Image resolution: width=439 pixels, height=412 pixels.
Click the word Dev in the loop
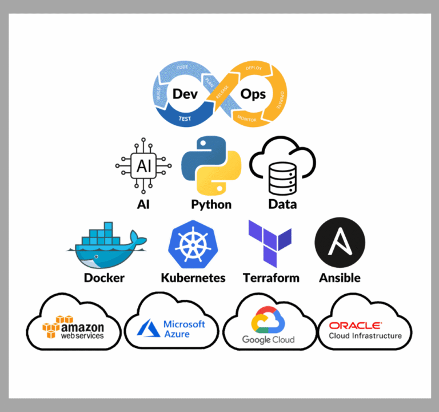pos(186,93)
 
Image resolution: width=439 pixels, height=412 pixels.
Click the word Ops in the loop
pos(253,93)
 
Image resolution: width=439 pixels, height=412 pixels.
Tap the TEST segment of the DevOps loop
pos(185,119)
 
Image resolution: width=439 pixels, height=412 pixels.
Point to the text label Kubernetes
pos(193,278)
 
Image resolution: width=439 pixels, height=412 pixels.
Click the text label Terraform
pos(271,278)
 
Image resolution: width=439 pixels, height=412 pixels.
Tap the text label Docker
pos(104,278)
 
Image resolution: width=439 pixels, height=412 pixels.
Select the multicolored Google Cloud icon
pos(268,320)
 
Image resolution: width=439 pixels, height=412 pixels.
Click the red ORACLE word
pos(355,325)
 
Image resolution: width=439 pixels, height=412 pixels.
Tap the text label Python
pos(211,204)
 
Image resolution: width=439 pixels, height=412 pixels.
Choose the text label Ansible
pos(340,278)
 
